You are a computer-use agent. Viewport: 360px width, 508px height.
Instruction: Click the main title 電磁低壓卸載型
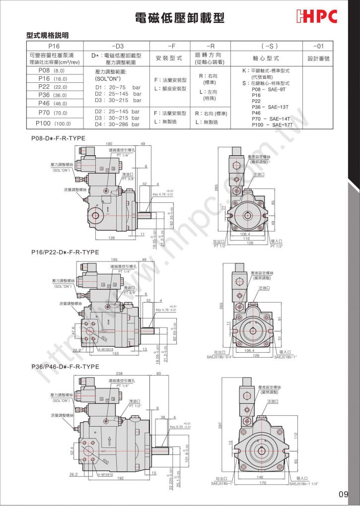pos(180,18)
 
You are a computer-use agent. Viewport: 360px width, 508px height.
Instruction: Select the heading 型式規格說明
pos(47,35)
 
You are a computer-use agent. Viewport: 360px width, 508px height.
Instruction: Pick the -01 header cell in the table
pos(318,45)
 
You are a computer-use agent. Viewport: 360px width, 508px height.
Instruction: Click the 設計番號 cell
pos(318,58)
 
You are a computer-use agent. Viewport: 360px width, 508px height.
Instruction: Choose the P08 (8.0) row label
pos(51,70)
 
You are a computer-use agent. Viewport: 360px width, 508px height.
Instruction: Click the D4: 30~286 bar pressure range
pos(118,124)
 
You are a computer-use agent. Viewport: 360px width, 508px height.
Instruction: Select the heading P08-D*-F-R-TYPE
pos(58,137)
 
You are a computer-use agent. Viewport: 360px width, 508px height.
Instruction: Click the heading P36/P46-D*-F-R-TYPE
pos(65,367)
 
